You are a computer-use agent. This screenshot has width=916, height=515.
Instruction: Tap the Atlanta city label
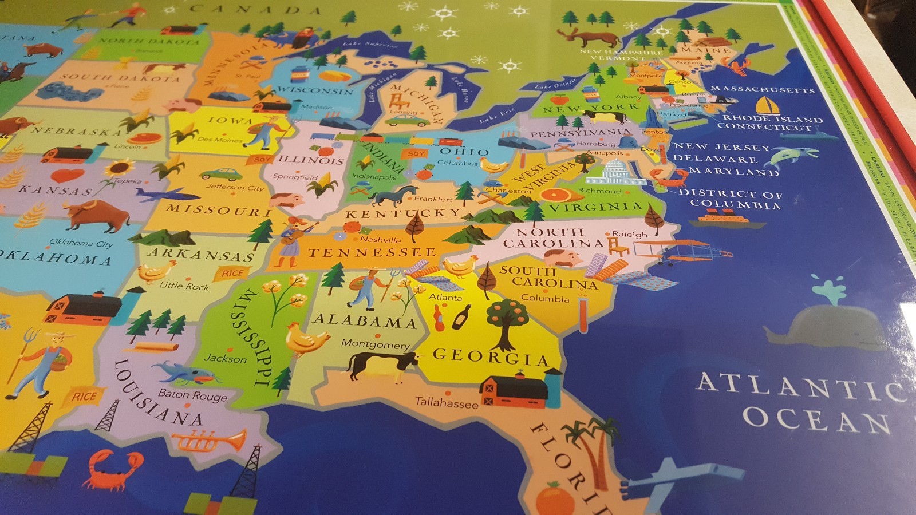(x=445, y=297)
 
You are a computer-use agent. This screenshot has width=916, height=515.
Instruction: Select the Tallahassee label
(x=447, y=403)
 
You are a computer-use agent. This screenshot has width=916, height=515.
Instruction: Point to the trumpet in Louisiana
(x=210, y=441)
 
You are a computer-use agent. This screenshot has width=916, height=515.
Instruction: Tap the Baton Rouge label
(x=193, y=395)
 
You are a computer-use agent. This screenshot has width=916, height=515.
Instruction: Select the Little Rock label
(x=184, y=286)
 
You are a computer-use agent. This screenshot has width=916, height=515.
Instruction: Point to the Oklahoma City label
(x=81, y=243)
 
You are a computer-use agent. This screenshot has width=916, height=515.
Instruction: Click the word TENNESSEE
(x=372, y=252)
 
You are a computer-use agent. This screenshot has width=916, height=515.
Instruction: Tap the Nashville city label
(x=381, y=239)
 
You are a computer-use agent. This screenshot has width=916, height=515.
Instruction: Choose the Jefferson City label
(x=235, y=187)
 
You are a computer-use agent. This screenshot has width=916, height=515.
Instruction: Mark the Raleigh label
(x=630, y=234)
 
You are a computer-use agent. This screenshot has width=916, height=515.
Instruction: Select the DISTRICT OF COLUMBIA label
(x=733, y=199)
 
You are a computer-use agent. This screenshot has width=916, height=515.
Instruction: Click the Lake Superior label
(x=370, y=43)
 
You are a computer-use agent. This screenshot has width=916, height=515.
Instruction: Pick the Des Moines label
(x=220, y=139)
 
